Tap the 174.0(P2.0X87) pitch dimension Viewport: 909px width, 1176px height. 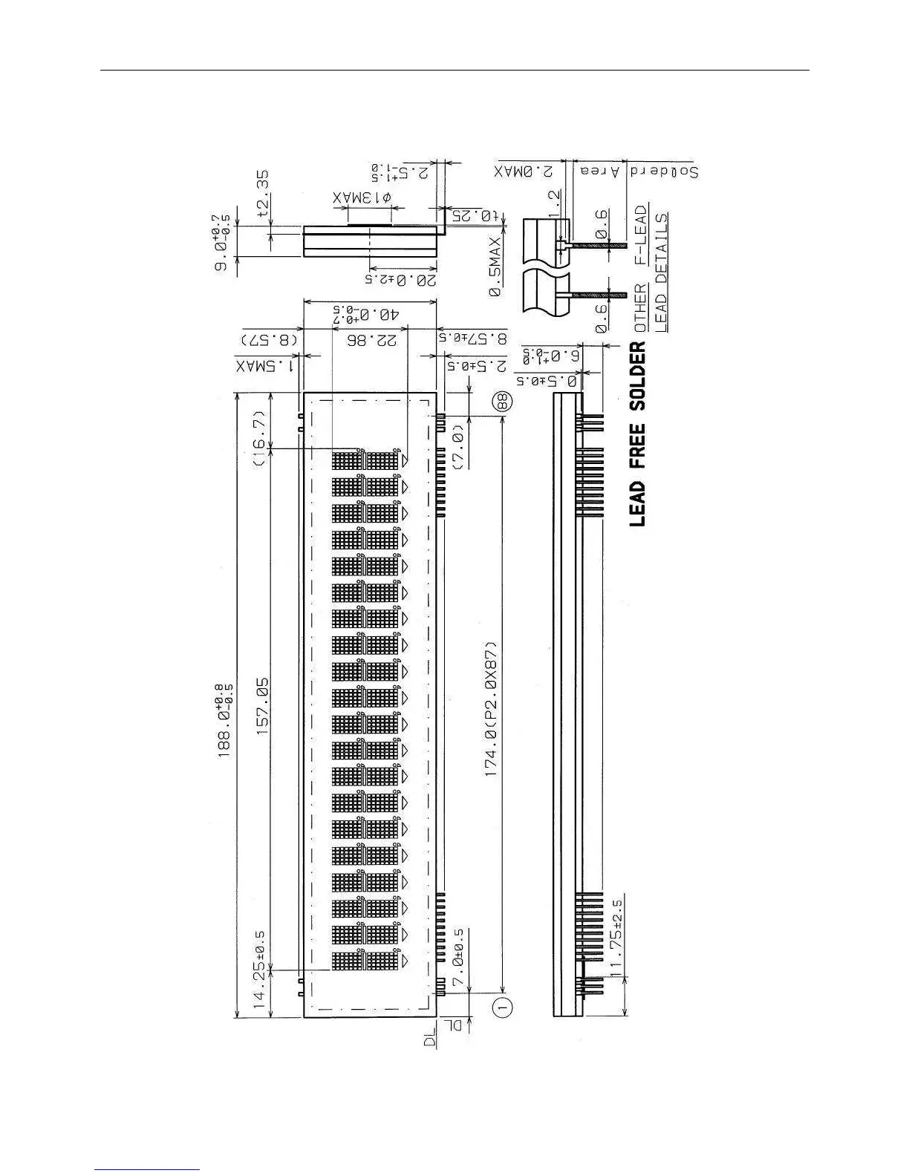(491, 709)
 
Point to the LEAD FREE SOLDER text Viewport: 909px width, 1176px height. (637, 434)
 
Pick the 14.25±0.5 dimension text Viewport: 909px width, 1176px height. (261, 968)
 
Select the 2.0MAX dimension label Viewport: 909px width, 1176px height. (525, 171)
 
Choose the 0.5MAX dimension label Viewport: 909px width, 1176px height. (495, 267)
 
